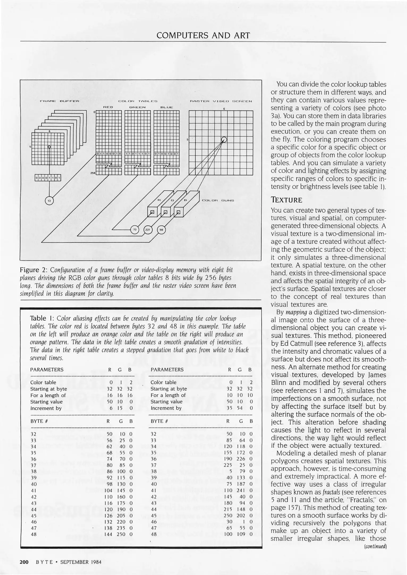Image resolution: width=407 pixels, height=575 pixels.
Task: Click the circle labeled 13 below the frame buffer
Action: coord(49,200)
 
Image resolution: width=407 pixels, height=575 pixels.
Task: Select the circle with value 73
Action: coord(135,229)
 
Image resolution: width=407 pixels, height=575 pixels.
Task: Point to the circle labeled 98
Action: coord(161,229)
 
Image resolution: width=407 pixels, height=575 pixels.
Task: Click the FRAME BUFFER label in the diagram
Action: coord(60,101)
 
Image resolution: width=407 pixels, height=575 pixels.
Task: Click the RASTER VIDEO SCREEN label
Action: coord(221,101)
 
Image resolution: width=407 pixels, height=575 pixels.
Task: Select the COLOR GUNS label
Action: coord(218,200)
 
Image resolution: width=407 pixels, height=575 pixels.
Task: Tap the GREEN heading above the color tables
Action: coord(137,107)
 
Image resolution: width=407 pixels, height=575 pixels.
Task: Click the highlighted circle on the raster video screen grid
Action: coord(224,139)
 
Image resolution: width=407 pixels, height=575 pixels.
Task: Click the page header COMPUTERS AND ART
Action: coord(203,35)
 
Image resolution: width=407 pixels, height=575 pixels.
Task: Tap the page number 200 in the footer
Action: coord(24,562)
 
